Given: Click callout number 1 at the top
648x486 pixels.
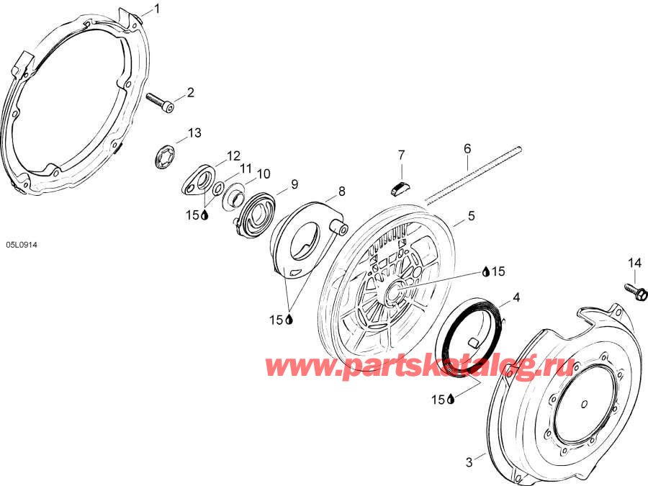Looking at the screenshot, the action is [157, 9].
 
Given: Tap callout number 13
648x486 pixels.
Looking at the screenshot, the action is [194, 133].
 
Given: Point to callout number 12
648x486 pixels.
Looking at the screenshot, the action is [233, 156].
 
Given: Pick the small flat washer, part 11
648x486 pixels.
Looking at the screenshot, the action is [217, 189].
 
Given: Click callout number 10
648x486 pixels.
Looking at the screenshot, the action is [264, 174].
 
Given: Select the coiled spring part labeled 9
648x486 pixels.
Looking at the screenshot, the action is [254, 215].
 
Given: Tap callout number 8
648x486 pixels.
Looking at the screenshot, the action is [342, 192].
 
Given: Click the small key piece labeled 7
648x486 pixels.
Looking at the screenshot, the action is [400, 189].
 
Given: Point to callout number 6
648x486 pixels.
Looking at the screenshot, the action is [467, 148].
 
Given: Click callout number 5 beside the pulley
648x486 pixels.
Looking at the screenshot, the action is [472, 216].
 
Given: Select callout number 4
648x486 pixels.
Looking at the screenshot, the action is [516, 297].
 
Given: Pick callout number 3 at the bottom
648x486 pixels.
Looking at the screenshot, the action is [469, 462].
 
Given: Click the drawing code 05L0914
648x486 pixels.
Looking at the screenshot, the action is [22, 245].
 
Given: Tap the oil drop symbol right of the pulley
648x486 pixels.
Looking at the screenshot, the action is [487, 271].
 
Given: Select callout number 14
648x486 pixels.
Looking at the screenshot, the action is [635, 263].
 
